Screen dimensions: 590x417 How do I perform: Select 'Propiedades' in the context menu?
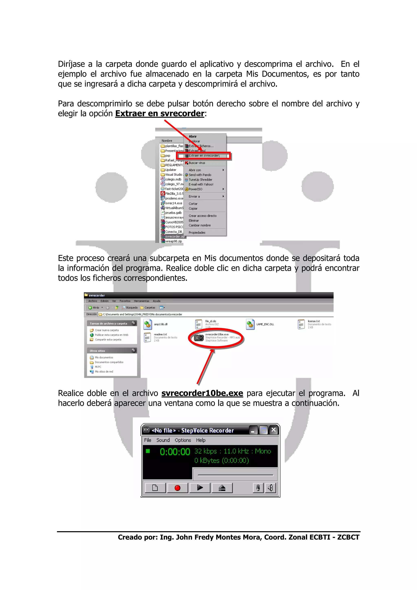(x=197, y=232)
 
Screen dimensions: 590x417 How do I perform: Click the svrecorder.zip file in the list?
(x=174, y=236)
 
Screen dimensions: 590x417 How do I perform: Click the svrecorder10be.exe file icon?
(x=199, y=338)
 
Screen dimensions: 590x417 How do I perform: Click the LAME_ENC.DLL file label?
(x=265, y=324)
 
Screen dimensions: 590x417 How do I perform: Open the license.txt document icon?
(x=301, y=324)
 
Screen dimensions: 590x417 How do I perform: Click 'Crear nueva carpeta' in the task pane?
(x=107, y=330)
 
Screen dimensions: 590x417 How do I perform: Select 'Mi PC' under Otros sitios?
(x=98, y=367)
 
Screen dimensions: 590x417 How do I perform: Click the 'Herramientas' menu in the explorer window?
(x=141, y=301)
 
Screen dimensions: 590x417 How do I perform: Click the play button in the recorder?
(x=200, y=488)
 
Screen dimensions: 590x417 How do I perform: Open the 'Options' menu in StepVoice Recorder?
(x=183, y=440)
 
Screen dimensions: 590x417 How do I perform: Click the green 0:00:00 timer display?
(x=175, y=452)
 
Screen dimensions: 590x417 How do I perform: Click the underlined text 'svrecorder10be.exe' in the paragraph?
(x=202, y=393)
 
